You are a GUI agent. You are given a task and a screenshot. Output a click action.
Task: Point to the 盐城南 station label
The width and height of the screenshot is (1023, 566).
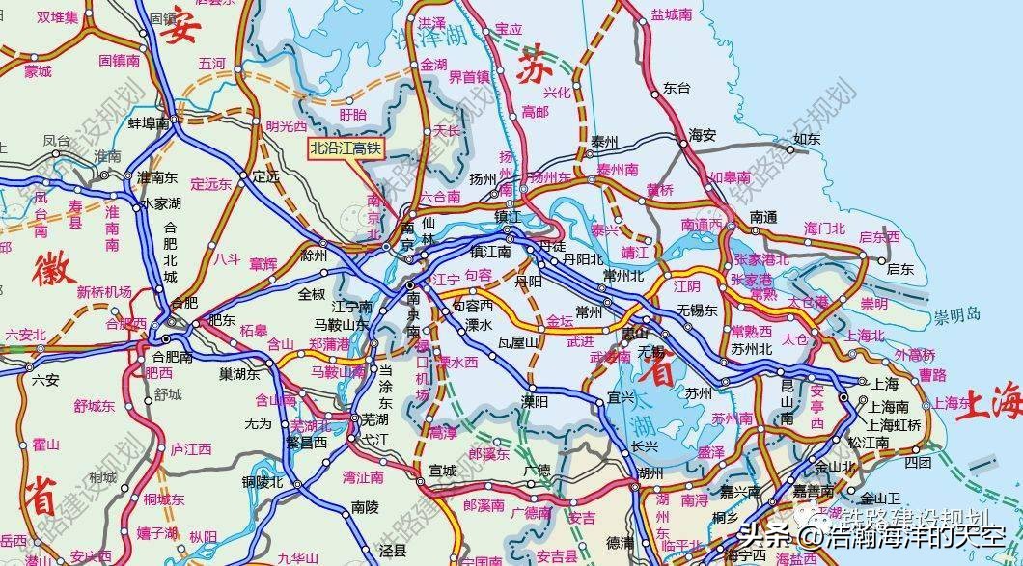(x=672, y=15)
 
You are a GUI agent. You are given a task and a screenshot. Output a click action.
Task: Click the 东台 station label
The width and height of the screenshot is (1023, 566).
(x=677, y=87)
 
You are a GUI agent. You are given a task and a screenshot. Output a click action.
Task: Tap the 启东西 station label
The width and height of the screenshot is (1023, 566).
(x=878, y=236)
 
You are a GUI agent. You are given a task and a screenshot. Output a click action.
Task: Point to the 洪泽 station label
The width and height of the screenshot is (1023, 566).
(x=431, y=22)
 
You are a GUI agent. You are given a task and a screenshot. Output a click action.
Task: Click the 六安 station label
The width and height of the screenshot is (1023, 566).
(x=45, y=380)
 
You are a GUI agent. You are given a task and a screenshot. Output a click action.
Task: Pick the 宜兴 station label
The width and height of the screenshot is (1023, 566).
(x=594, y=396)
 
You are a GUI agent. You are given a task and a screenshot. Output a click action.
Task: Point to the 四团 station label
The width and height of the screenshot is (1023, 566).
(x=919, y=462)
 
